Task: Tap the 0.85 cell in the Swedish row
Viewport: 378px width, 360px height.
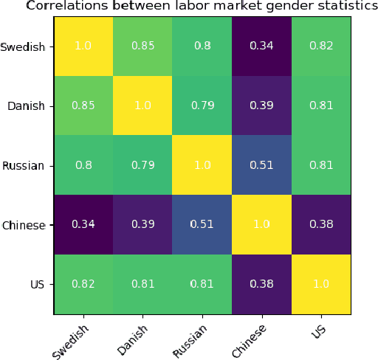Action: tap(143, 46)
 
